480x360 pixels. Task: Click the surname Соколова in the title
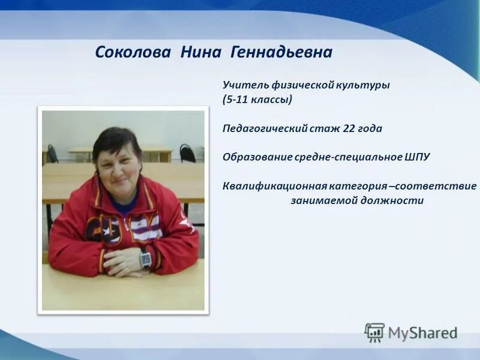135,53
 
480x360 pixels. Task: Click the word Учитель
242,85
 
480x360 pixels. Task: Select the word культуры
362,85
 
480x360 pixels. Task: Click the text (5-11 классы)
257,100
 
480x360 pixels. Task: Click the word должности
394,200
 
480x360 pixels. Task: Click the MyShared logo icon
374,332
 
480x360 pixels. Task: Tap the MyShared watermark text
422,333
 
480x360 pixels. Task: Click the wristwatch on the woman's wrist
145,259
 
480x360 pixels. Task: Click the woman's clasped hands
123,260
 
